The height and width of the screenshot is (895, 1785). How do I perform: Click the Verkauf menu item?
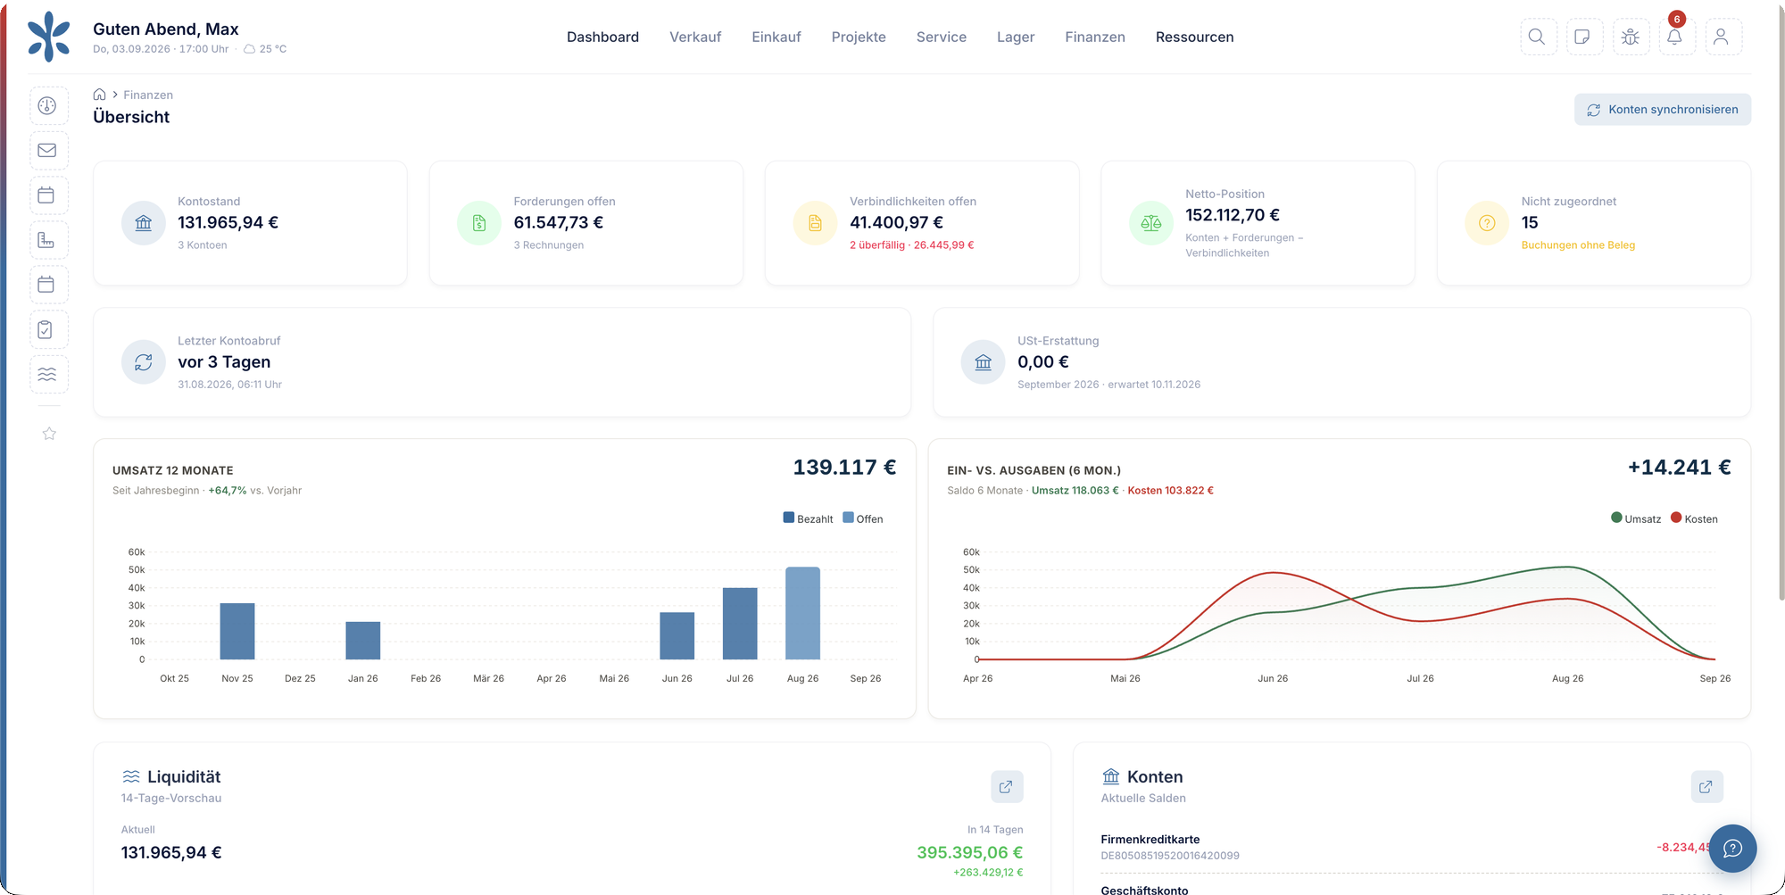695,37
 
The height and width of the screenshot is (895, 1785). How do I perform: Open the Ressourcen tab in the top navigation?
1194,37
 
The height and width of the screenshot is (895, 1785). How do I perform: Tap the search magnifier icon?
1537,37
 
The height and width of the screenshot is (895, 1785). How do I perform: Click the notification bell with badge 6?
1675,37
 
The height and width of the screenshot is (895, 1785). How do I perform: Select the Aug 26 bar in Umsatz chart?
802,613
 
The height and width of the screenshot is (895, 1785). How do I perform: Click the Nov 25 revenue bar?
237,631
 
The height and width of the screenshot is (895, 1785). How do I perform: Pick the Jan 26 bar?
363,641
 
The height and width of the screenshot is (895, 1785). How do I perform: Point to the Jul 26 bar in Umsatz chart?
740,624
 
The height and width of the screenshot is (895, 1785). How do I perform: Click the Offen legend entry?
863,518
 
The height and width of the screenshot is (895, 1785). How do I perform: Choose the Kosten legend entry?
1694,518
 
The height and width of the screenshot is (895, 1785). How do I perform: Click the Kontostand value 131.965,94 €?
228,222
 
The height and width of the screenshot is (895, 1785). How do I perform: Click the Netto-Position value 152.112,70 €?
1233,215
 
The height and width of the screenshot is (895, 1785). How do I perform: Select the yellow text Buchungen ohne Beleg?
1578,245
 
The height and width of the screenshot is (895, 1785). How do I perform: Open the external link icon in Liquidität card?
1007,787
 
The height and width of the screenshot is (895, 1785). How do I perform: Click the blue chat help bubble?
1732,848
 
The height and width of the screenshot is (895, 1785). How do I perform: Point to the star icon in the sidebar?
49,434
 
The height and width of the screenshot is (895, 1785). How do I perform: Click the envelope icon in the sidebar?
47,150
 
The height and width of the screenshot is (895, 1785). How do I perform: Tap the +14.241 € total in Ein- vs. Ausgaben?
1679,468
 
